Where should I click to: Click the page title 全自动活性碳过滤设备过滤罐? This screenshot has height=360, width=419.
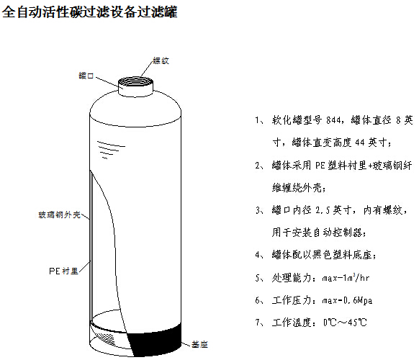(x=91, y=13)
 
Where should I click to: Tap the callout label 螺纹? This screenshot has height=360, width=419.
(x=161, y=61)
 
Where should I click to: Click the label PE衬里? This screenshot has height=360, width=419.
(x=63, y=271)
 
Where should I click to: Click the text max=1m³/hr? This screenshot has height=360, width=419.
(x=346, y=276)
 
